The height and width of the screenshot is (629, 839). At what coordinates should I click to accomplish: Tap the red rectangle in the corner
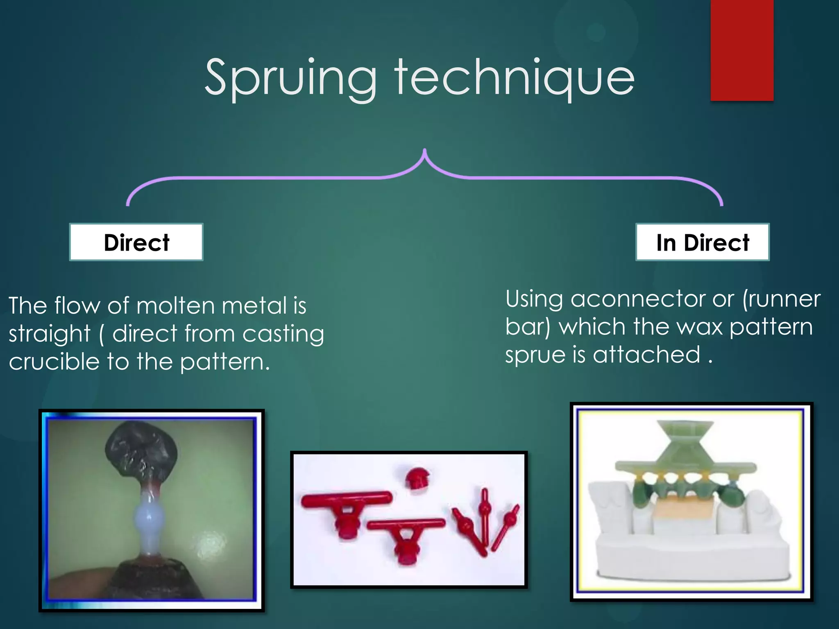tap(741, 50)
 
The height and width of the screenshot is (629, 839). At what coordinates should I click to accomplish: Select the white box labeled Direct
tap(136, 242)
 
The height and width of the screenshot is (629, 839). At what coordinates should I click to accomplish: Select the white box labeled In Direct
tap(702, 242)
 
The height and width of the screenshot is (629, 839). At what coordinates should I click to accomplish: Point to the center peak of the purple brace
tap(425, 152)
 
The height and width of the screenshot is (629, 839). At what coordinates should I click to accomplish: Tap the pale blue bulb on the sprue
tap(149, 518)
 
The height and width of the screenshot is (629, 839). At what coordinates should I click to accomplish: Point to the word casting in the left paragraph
tap(283, 334)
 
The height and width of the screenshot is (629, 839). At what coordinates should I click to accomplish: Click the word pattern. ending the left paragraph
tap(225, 362)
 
